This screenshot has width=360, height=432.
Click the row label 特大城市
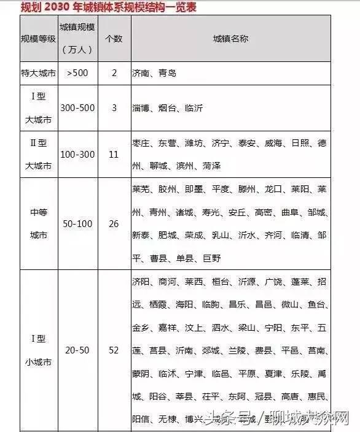(38, 73)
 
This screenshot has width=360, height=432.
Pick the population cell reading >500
(78, 73)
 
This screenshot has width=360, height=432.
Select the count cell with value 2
(114, 73)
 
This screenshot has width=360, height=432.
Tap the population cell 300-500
(79, 107)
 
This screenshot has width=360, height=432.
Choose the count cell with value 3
(114, 107)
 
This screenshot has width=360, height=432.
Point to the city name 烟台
(167, 107)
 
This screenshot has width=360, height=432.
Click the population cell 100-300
(79, 154)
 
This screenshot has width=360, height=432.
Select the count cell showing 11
(114, 154)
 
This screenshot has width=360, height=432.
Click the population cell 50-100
(79, 224)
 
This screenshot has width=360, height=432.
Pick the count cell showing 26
(114, 224)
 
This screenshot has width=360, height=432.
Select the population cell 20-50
(78, 350)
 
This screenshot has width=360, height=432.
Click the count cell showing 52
(114, 350)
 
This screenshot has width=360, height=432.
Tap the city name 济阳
(141, 282)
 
